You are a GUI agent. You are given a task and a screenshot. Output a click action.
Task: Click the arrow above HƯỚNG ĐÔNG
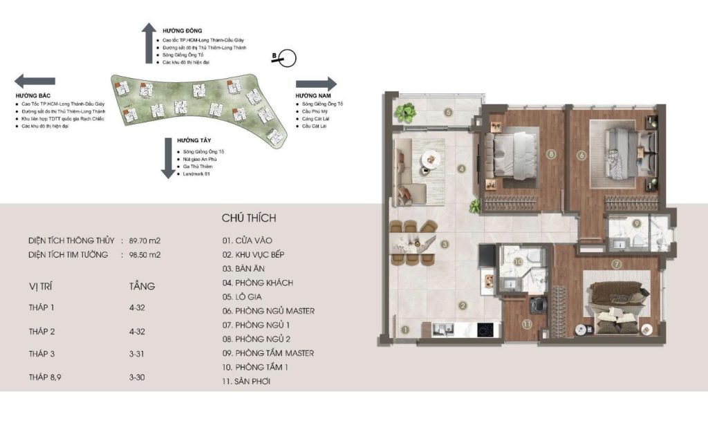pos(148,41)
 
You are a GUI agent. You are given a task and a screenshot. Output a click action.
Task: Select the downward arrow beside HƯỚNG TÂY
pos(166,158)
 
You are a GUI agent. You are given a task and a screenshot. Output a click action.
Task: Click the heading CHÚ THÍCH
pos(249,218)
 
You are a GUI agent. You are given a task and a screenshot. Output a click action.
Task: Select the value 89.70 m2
pos(145,240)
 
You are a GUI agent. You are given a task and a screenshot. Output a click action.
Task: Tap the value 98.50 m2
pos(145,254)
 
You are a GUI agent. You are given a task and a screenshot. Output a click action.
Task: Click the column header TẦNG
pos(142,285)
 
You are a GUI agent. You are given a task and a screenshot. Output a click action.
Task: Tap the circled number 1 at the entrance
pos(407,330)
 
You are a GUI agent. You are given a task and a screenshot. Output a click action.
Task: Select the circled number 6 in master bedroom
pos(581,155)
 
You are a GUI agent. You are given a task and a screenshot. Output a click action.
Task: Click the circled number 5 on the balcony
pos(448,112)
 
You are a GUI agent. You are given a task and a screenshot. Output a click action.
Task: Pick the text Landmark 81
pos(195,183)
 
